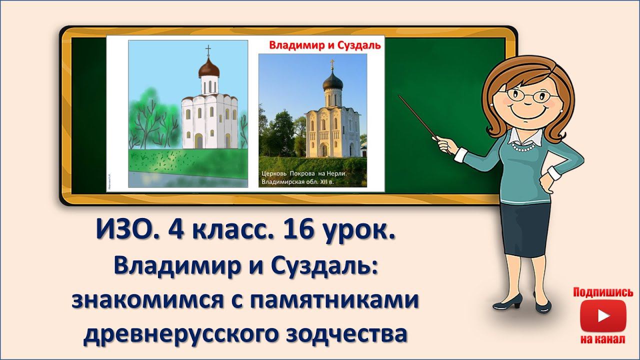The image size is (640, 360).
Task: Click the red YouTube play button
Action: point(603,316)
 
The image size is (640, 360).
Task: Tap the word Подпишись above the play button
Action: point(603,292)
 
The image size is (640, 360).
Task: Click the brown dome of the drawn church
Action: point(208,67)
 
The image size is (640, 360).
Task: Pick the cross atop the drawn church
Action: point(208,50)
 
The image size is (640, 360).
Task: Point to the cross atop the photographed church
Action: point(331,64)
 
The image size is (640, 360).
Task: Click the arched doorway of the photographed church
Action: point(323,149)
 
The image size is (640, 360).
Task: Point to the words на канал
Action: point(603,339)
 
